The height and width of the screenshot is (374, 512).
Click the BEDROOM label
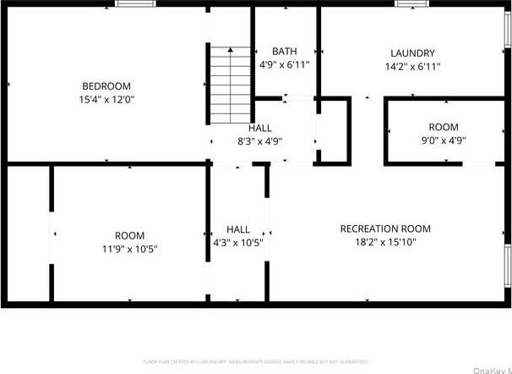tap(106, 85)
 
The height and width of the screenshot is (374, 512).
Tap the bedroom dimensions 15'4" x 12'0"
tap(106, 99)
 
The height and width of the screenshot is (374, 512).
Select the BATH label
tap(284, 52)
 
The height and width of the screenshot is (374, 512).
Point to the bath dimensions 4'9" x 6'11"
tap(284, 64)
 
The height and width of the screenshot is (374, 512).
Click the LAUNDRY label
tap(412, 52)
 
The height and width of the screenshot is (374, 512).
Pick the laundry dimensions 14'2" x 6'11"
tap(412, 66)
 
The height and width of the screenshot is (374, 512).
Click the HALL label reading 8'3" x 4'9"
tap(260, 129)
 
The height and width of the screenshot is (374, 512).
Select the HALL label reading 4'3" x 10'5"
tap(238, 229)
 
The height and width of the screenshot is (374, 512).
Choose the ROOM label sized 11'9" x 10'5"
tap(129, 235)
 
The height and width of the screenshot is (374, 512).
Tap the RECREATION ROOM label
tap(385, 228)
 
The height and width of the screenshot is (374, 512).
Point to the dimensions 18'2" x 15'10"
tap(385, 242)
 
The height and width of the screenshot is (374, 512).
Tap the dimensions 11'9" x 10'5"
tap(129, 249)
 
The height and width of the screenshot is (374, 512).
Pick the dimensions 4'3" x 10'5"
tap(238, 243)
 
